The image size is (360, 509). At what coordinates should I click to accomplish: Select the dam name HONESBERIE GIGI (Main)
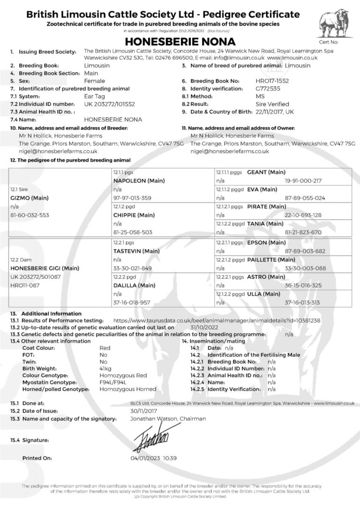tap(45, 268)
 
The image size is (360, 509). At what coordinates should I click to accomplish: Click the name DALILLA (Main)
tap(134, 285)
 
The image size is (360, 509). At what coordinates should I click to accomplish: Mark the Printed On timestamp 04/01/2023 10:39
tap(153, 458)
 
